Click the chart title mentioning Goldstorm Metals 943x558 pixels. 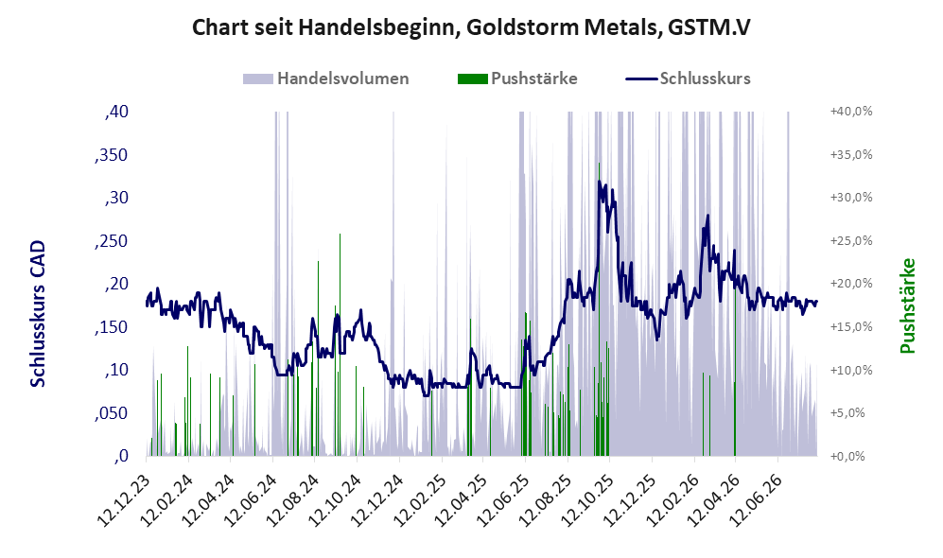(471, 27)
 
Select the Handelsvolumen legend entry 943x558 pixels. (326, 78)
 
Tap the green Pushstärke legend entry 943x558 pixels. (517, 78)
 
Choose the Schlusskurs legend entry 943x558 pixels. (688, 78)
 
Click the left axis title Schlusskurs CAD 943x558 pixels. (37, 314)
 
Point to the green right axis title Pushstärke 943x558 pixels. (907, 306)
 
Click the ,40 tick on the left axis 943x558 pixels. (116, 112)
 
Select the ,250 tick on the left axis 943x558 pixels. (112, 241)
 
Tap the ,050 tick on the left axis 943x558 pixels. (112, 413)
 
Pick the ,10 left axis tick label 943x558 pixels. (116, 370)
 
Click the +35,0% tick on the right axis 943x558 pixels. (851, 154)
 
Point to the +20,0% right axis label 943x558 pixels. (851, 283)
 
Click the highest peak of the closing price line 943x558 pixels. (599, 180)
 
